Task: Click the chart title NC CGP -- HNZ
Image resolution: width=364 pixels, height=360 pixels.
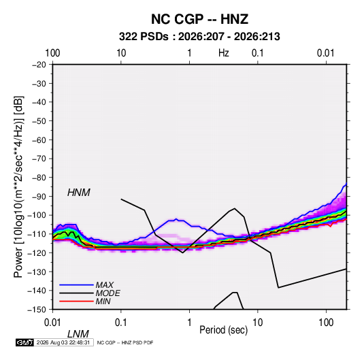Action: (x=199, y=19)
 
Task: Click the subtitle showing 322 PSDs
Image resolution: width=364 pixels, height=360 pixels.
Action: (x=199, y=37)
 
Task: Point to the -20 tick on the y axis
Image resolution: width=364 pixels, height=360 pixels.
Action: (x=39, y=65)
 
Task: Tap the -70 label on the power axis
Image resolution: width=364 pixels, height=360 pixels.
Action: (x=39, y=159)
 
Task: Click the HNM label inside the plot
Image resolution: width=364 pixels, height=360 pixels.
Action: (x=79, y=193)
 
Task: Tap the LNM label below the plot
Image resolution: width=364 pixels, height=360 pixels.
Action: (x=78, y=334)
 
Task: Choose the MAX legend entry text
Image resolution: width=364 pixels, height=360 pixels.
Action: (x=105, y=285)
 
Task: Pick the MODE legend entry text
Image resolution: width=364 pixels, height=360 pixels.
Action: (x=108, y=293)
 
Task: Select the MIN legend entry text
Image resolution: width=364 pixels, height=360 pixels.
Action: (x=103, y=301)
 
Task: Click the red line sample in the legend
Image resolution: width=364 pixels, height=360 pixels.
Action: (x=76, y=301)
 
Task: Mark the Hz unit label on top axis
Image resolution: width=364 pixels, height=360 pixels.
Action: (x=224, y=53)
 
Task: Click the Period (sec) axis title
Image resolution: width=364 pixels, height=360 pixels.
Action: (x=224, y=330)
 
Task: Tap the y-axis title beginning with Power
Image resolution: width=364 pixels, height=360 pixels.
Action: (x=18, y=187)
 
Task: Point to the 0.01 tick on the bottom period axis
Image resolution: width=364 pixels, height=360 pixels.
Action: (x=52, y=323)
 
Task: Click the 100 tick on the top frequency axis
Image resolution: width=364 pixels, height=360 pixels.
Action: (x=52, y=53)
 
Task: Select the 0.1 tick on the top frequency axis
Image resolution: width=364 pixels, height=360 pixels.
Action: (x=258, y=53)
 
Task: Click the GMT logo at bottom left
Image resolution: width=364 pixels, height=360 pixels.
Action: (x=24, y=342)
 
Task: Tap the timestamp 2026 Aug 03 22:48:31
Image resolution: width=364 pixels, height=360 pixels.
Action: (x=63, y=342)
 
